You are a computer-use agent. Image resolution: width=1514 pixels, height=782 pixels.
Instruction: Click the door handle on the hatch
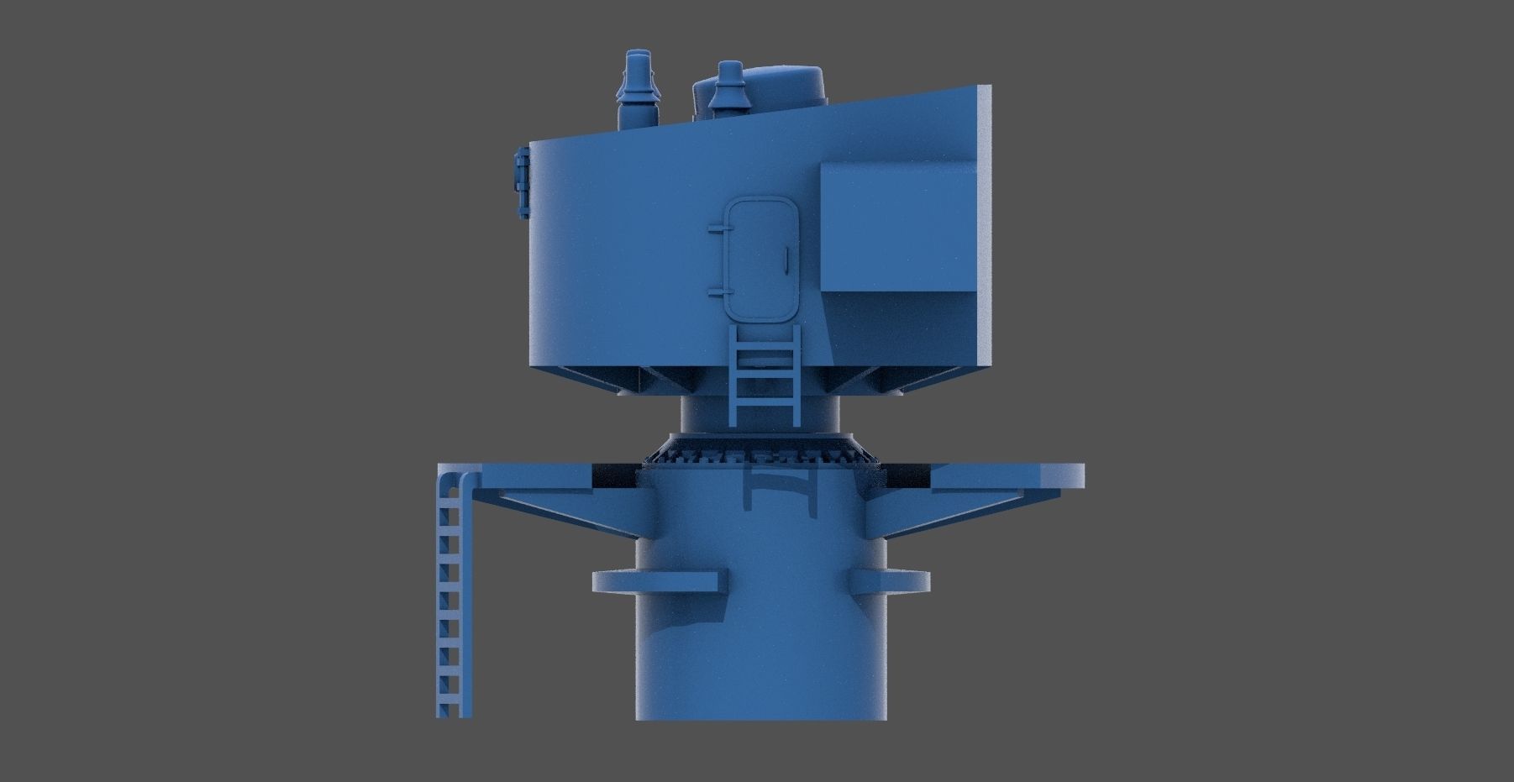784,260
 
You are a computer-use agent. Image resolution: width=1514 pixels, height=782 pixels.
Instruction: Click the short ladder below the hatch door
765,374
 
